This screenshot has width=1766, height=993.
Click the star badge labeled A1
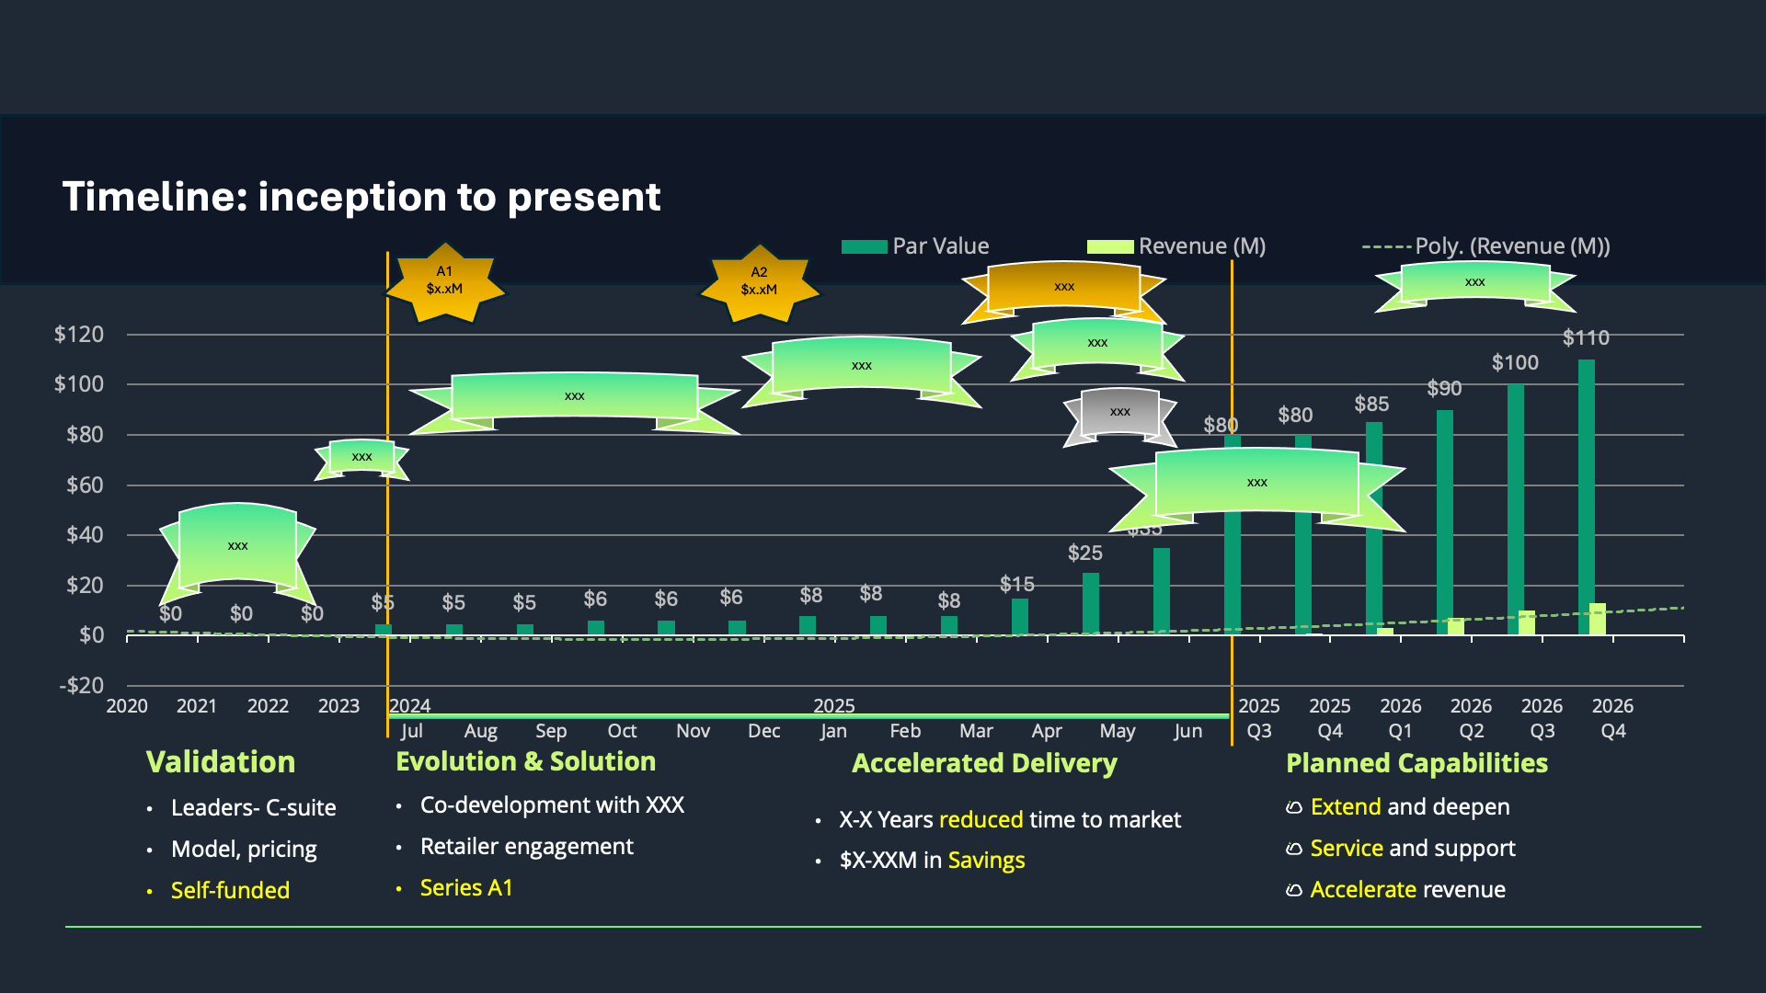pyautogui.click(x=444, y=281)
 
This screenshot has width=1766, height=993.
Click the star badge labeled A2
pyautogui.click(x=759, y=282)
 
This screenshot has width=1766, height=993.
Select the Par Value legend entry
pyautogui.click(x=920, y=246)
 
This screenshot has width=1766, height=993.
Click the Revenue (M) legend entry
pyautogui.click(x=1187, y=246)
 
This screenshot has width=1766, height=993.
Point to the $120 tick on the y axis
pyautogui.click(x=79, y=335)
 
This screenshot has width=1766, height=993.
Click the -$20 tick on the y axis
pyautogui.click(x=82, y=686)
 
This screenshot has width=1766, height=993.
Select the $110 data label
pyautogui.click(x=1586, y=338)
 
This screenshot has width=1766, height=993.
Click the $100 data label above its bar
pyautogui.click(x=1515, y=363)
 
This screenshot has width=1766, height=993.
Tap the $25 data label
pyautogui.click(x=1084, y=554)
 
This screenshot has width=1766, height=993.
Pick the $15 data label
pyautogui.click(x=1016, y=585)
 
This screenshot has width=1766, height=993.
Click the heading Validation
pyautogui.click(x=221, y=762)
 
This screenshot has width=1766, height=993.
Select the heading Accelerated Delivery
pyautogui.click(x=984, y=763)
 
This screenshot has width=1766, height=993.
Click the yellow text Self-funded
pyautogui.click(x=230, y=891)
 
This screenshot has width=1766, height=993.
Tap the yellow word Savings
pyautogui.click(x=986, y=861)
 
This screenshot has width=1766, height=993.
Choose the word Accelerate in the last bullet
pyautogui.click(x=1362, y=890)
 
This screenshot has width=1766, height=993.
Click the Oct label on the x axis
pyautogui.click(x=622, y=731)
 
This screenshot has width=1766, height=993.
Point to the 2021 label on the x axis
pyautogui.click(x=197, y=706)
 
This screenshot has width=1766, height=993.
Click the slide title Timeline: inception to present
pyautogui.click(x=361, y=197)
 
